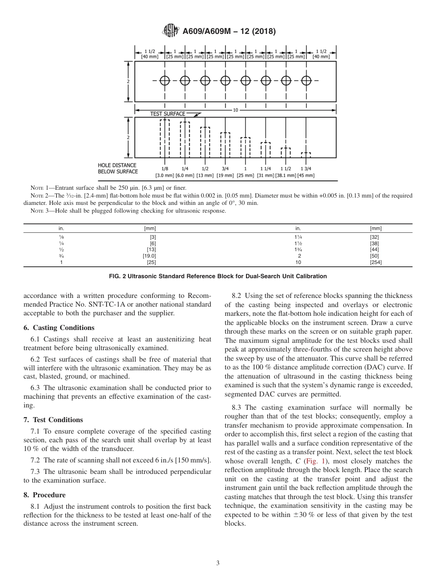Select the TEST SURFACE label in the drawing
pos(168,114)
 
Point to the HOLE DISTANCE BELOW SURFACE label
pos(117,168)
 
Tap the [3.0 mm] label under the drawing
pos(164,176)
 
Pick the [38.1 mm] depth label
pos(285,176)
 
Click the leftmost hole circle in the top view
pos(165,81)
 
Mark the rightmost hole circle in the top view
pos(306,81)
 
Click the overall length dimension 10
pos(235,110)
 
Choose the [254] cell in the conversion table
pos(375,263)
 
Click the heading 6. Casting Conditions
pos(59,328)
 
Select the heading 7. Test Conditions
pos(53,420)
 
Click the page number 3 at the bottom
pos(218,563)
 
